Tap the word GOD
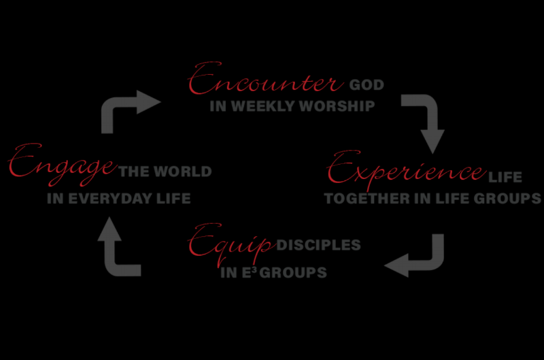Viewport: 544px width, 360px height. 367,86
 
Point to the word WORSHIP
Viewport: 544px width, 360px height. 337,106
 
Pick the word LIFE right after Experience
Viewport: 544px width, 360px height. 505,178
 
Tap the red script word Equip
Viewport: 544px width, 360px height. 231,244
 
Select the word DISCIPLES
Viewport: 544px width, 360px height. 319,244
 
